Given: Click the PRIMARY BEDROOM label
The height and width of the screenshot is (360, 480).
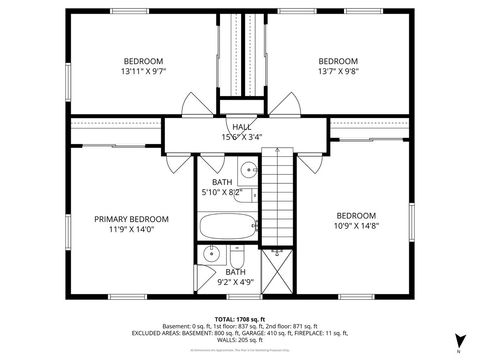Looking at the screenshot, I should pyautogui.click(x=131, y=219).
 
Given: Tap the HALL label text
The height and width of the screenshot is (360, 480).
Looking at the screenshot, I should pyautogui.click(x=242, y=127).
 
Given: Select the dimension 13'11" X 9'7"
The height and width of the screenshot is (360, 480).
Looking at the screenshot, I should pyautogui.click(x=142, y=71).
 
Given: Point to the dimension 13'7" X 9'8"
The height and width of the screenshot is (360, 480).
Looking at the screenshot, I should pyautogui.click(x=337, y=71).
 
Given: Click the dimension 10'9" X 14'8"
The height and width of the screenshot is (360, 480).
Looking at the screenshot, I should pyautogui.click(x=355, y=226).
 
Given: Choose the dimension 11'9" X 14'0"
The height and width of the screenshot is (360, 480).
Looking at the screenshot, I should pyautogui.click(x=131, y=230).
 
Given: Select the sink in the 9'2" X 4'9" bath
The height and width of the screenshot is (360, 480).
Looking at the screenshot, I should pyautogui.click(x=208, y=256).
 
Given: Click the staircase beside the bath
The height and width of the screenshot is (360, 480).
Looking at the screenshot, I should pyautogui.click(x=274, y=195).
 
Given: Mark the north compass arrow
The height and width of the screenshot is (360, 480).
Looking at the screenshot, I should pyautogui.click(x=459, y=341).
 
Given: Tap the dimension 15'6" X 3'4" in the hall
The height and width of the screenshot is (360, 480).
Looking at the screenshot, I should pyautogui.click(x=242, y=137).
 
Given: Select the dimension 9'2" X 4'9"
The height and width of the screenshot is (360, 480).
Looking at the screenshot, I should pyautogui.click(x=235, y=282).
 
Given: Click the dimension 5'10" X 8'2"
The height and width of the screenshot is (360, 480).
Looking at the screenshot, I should pyautogui.click(x=222, y=192).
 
